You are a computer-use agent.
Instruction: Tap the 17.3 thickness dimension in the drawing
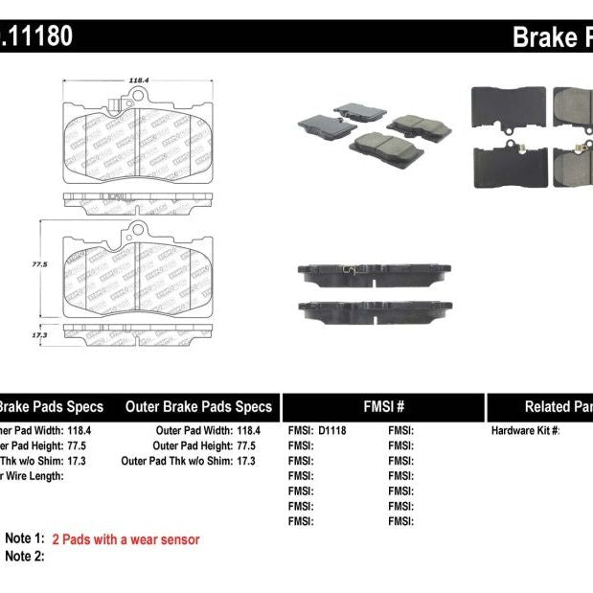point(39,333)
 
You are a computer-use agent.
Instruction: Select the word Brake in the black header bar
point(544,36)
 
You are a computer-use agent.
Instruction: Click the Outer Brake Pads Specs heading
point(198,406)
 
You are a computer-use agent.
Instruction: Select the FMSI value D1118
point(332,431)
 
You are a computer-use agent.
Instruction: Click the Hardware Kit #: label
point(525,431)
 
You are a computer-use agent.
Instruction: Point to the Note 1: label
point(25,539)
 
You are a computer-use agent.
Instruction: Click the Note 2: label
point(25,557)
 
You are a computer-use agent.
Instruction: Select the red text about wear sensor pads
point(125,539)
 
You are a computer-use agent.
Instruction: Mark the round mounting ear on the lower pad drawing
point(138,230)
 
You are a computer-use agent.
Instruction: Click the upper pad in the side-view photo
point(374,275)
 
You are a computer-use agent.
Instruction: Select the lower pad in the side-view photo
point(374,309)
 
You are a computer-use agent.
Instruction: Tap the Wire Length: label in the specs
point(33,475)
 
